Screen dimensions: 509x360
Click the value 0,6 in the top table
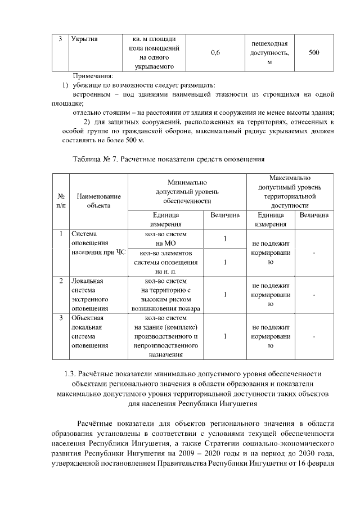214,53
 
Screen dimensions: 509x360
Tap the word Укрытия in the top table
85,39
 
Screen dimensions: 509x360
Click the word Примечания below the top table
93,75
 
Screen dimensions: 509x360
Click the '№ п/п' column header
61,201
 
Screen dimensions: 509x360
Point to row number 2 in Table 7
61,280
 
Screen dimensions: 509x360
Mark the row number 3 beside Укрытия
61,39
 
